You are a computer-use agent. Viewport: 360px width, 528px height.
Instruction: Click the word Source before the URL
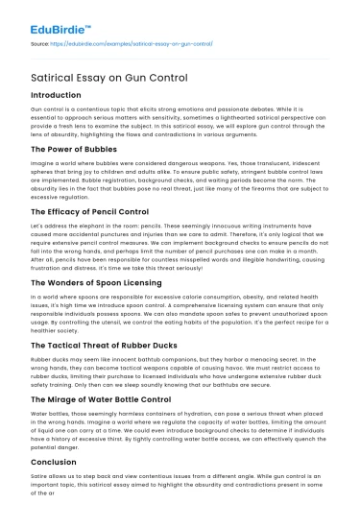pos(42,43)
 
